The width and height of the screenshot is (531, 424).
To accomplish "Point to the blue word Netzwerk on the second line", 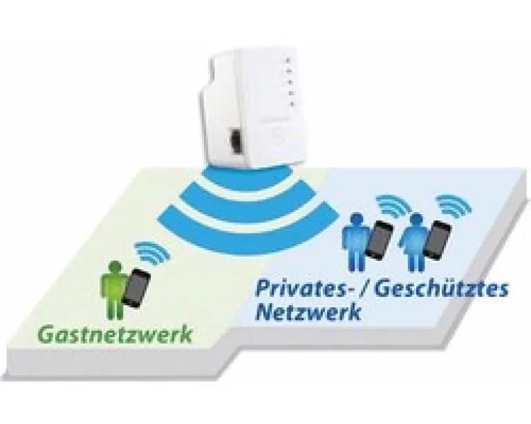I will [308, 311].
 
